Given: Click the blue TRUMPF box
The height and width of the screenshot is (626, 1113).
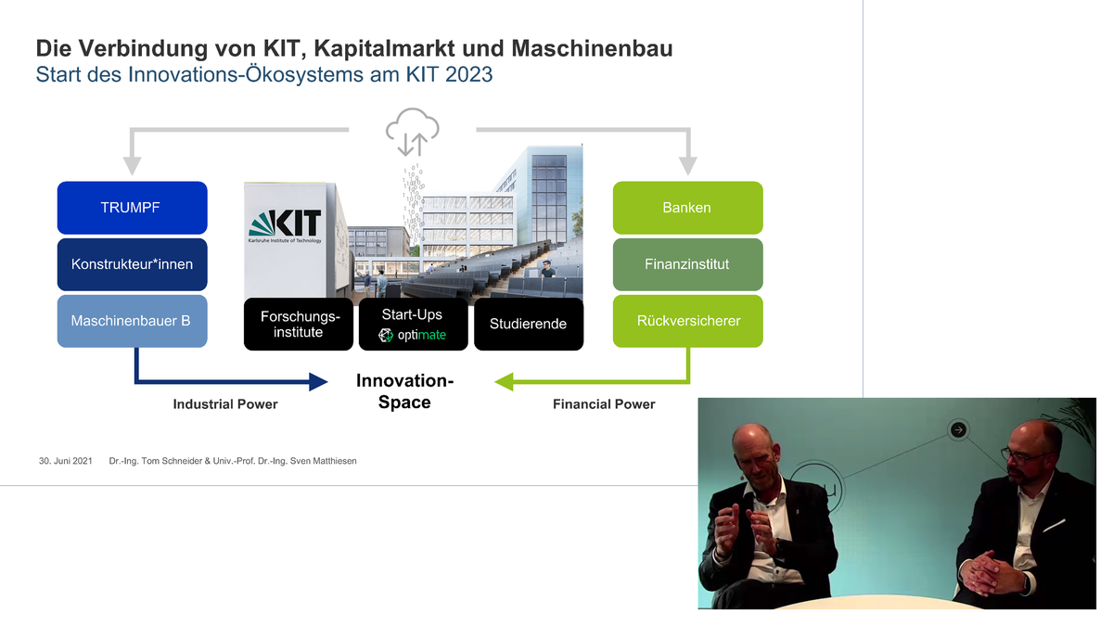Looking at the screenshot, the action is [132, 208].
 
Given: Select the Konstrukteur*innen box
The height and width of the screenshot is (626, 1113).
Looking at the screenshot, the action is [132, 264].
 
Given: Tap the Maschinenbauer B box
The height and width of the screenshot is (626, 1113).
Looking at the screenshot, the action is [132, 321].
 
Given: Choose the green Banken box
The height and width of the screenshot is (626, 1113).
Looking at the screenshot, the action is [687, 208].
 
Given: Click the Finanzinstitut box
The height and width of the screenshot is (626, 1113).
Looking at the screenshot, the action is [687, 264].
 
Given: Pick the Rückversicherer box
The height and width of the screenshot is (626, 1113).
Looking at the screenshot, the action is [687, 321].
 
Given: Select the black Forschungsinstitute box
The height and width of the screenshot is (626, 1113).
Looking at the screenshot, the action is [299, 324].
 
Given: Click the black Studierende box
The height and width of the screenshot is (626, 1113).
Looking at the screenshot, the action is [529, 324].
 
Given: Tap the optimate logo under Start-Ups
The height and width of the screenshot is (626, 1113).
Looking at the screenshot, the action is [412, 336].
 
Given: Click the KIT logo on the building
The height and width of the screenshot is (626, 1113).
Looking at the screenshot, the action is [286, 226].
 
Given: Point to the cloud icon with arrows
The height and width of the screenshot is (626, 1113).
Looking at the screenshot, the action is [413, 132].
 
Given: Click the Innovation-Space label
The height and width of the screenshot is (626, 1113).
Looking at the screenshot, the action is [405, 391].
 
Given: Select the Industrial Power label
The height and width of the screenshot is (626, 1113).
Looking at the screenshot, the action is [225, 404].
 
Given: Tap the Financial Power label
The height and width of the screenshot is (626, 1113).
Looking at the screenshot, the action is [604, 404].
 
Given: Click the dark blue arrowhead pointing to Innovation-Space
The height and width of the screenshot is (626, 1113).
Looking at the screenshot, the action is [318, 382].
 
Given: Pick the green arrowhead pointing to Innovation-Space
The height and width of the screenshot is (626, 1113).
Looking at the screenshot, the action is [504, 382].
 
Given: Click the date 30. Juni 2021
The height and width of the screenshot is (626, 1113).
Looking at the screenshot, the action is [66, 461].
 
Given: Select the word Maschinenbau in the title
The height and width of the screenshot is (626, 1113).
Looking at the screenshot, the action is [592, 48].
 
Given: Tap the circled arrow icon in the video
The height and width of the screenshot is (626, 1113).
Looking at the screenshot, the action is [958, 429].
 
